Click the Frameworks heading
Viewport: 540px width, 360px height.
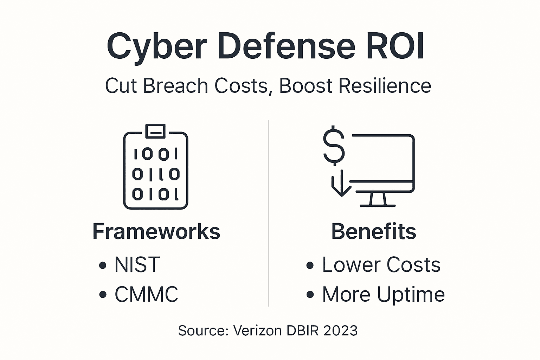pyautogui.click(x=156, y=232)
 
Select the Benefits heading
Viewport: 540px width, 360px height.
pyautogui.click(x=374, y=232)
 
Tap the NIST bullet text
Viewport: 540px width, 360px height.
pyautogui.click(x=137, y=265)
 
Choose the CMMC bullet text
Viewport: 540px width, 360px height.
pyautogui.click(x=146, y=294)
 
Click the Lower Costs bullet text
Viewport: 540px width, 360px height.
pyautogui.click(x=381, y=265)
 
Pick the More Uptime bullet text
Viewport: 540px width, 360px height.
pyautogui.click(x=383, y=294)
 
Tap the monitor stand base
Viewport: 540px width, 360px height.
pyautogui.click(x=378, y=205)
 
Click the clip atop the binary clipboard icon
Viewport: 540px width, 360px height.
pyautogui.click(x=155, y=131)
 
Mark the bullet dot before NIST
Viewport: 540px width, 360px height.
pyautogui.click(x=103, y=265)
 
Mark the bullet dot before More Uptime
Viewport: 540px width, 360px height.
pyautogui.click(x=310, y=295)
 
